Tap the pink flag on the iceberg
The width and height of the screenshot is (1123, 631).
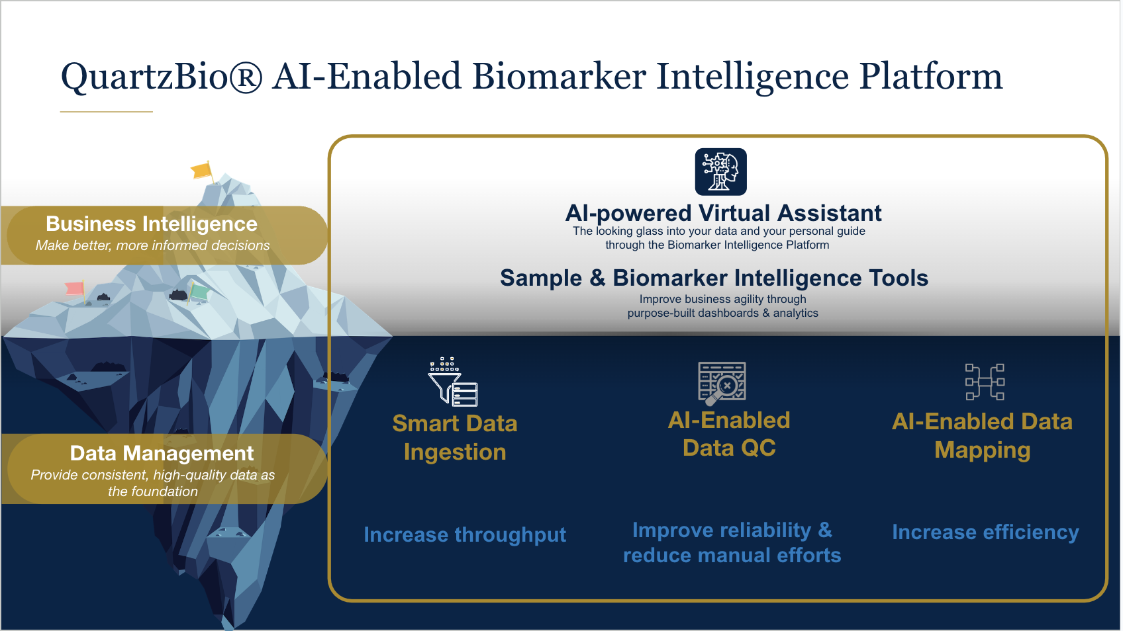[75, 289]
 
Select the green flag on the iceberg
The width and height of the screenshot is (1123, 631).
[199, 292]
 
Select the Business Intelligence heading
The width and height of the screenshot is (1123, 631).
[152, 224]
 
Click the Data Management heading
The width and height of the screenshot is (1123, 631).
[162, 453]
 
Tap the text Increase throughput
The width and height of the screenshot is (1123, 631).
[465, 535]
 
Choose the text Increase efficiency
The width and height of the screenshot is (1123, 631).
[986, 532]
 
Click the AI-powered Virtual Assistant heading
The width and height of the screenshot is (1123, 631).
[724, 214]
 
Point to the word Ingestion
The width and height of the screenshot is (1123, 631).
[455, 452]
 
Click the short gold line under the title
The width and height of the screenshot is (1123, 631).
[107, 112]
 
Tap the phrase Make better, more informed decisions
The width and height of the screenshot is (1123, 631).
[153, 245]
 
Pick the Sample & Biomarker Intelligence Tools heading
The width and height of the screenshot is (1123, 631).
[714, 278]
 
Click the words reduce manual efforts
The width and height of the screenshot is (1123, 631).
[732, 556]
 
